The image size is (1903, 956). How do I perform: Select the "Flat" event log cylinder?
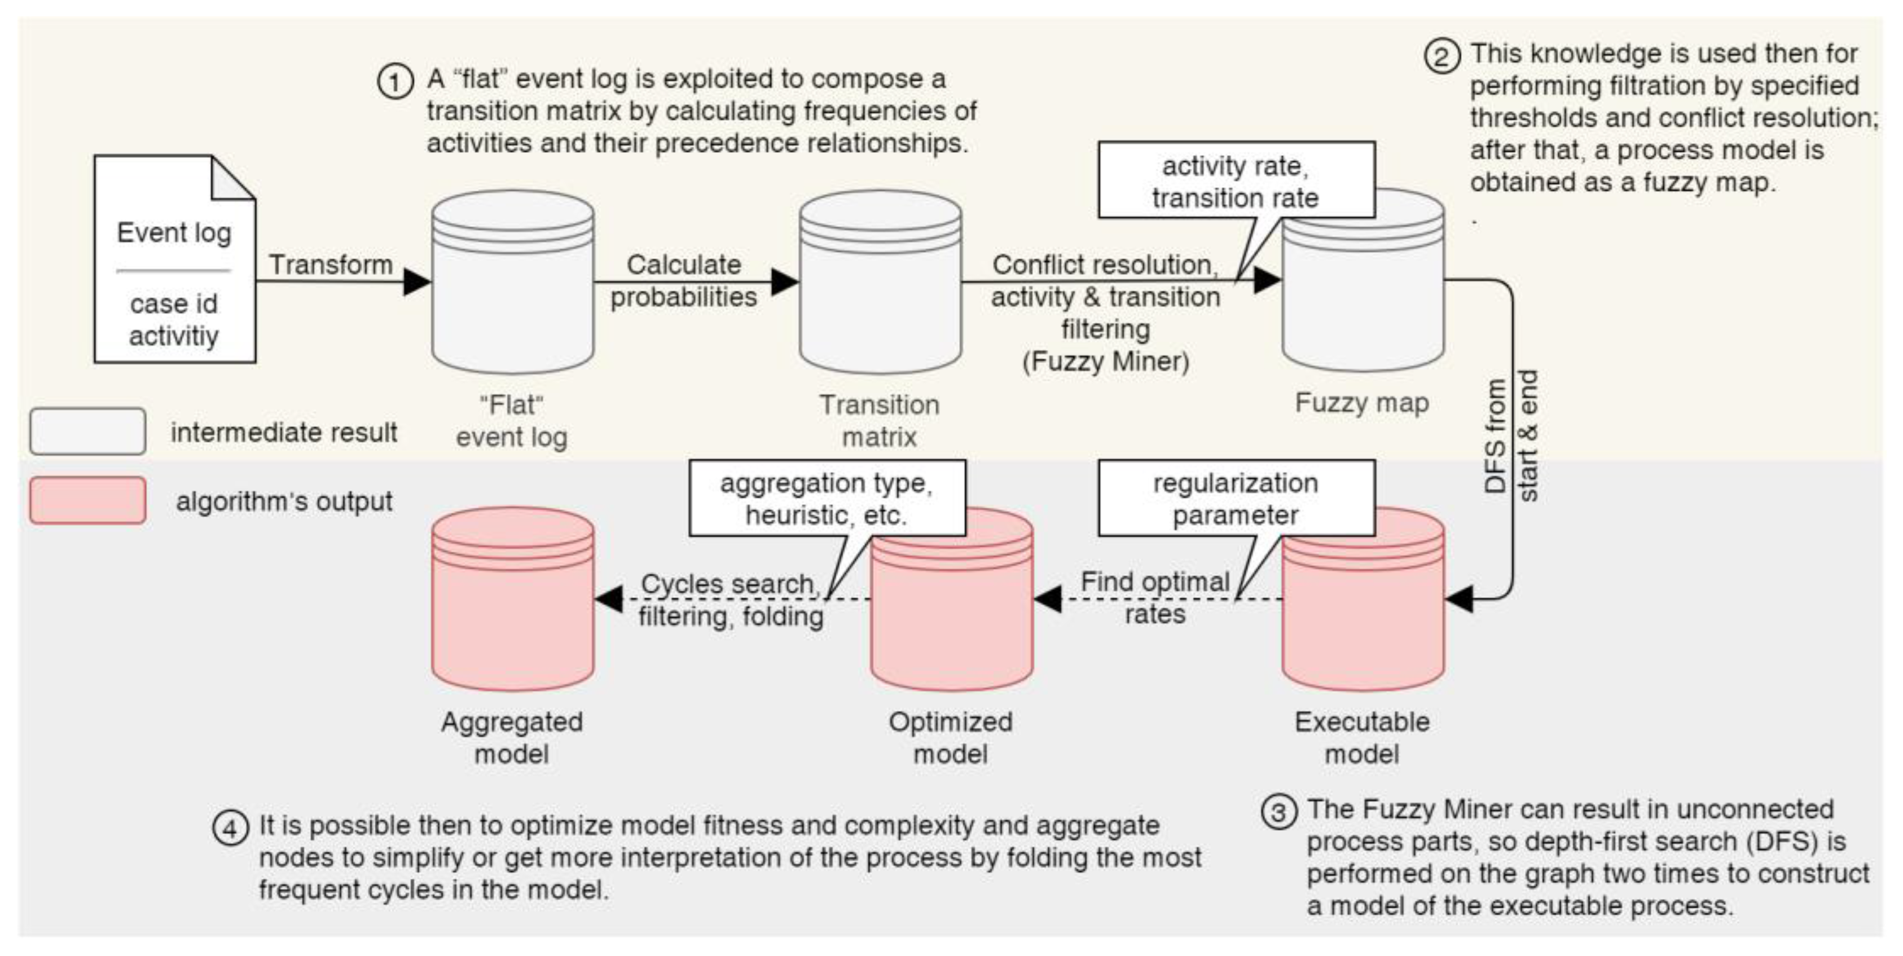513,284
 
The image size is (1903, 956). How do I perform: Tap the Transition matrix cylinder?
880,284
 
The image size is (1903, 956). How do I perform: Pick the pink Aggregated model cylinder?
513,600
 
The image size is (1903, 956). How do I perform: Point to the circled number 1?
395,82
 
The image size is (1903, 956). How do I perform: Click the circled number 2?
1441,57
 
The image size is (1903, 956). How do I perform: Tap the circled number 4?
231,828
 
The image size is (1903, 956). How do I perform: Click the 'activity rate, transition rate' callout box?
1236,181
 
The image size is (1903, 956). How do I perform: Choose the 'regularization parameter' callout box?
1236,499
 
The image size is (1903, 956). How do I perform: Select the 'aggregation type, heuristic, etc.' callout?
827,499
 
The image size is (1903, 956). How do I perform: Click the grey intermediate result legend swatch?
87,431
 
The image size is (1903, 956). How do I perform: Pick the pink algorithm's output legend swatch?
87,501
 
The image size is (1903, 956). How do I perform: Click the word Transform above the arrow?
330,264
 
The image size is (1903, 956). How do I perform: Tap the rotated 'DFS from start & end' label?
1511,436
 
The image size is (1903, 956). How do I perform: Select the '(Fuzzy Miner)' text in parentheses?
1105,362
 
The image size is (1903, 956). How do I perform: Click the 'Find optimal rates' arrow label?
1155,597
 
